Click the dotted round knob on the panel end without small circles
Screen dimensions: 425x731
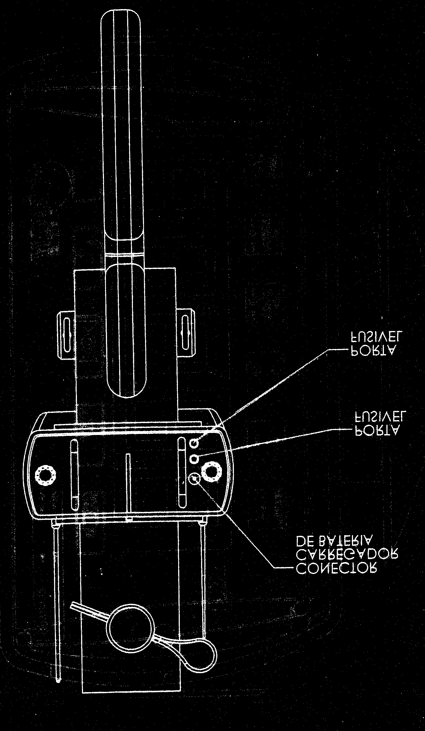tap(45, 476)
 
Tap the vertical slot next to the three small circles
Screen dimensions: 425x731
tap(182, 472)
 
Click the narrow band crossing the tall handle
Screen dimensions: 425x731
tap(125, 254)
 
